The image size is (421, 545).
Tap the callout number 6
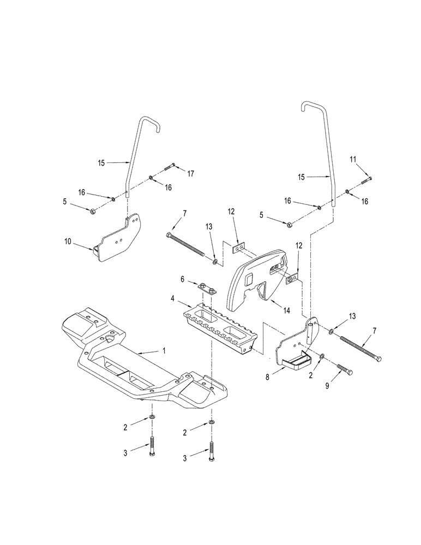click(183, 279)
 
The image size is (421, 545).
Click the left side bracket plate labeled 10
click(117, 240)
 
